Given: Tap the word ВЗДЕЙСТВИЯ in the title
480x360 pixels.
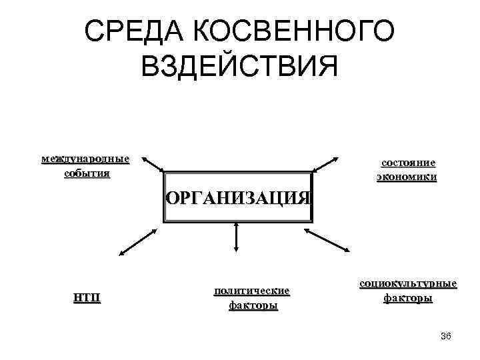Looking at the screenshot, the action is click(240, 66).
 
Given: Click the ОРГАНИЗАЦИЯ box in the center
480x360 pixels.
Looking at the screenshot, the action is click(238, 198).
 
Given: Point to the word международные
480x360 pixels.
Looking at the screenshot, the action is click(85, 159).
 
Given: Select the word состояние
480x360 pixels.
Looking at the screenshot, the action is click(408, 163).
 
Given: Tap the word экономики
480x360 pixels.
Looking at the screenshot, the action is click(407, 177).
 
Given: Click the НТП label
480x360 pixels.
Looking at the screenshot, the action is click(87, 297).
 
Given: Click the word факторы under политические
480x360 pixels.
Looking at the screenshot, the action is click(253, 306).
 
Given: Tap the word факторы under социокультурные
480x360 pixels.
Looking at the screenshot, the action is click(408, 298).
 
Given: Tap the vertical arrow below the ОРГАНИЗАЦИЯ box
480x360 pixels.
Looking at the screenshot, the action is click(236, 237).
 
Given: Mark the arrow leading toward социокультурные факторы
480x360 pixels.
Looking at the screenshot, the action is click(327, 239).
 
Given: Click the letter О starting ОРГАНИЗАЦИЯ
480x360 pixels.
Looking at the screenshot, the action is click(171, 198).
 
